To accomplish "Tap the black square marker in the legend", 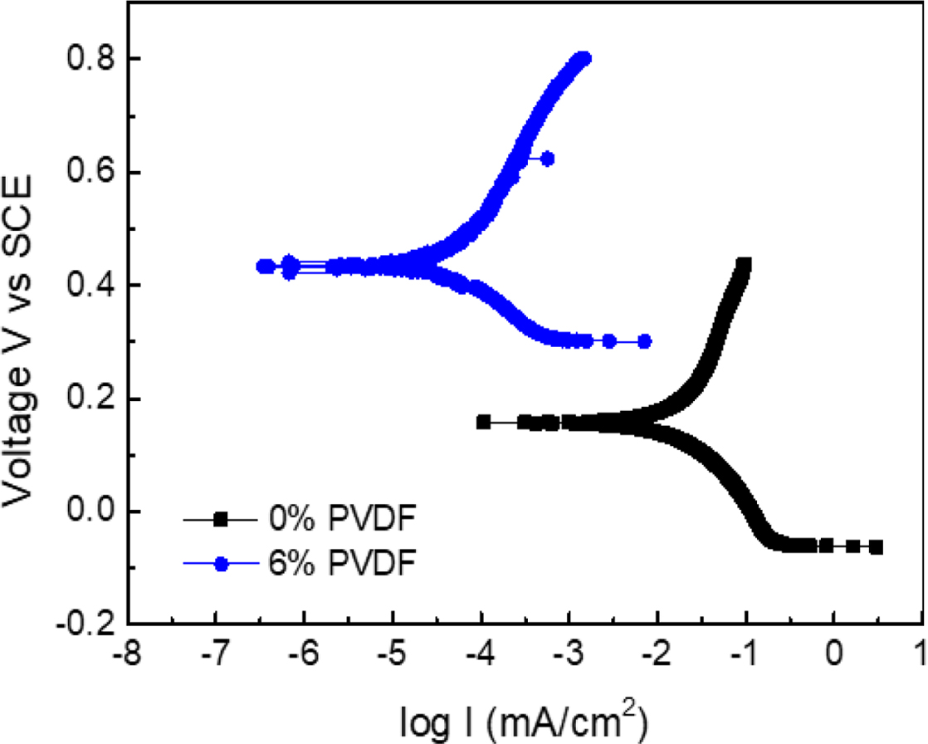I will [220, 520].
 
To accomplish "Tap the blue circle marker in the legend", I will [220, 564].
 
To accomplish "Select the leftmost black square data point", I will [483, 422].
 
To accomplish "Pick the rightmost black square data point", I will [876, 547].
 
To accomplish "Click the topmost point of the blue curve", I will [584, 58].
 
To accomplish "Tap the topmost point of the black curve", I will [745, 265].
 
